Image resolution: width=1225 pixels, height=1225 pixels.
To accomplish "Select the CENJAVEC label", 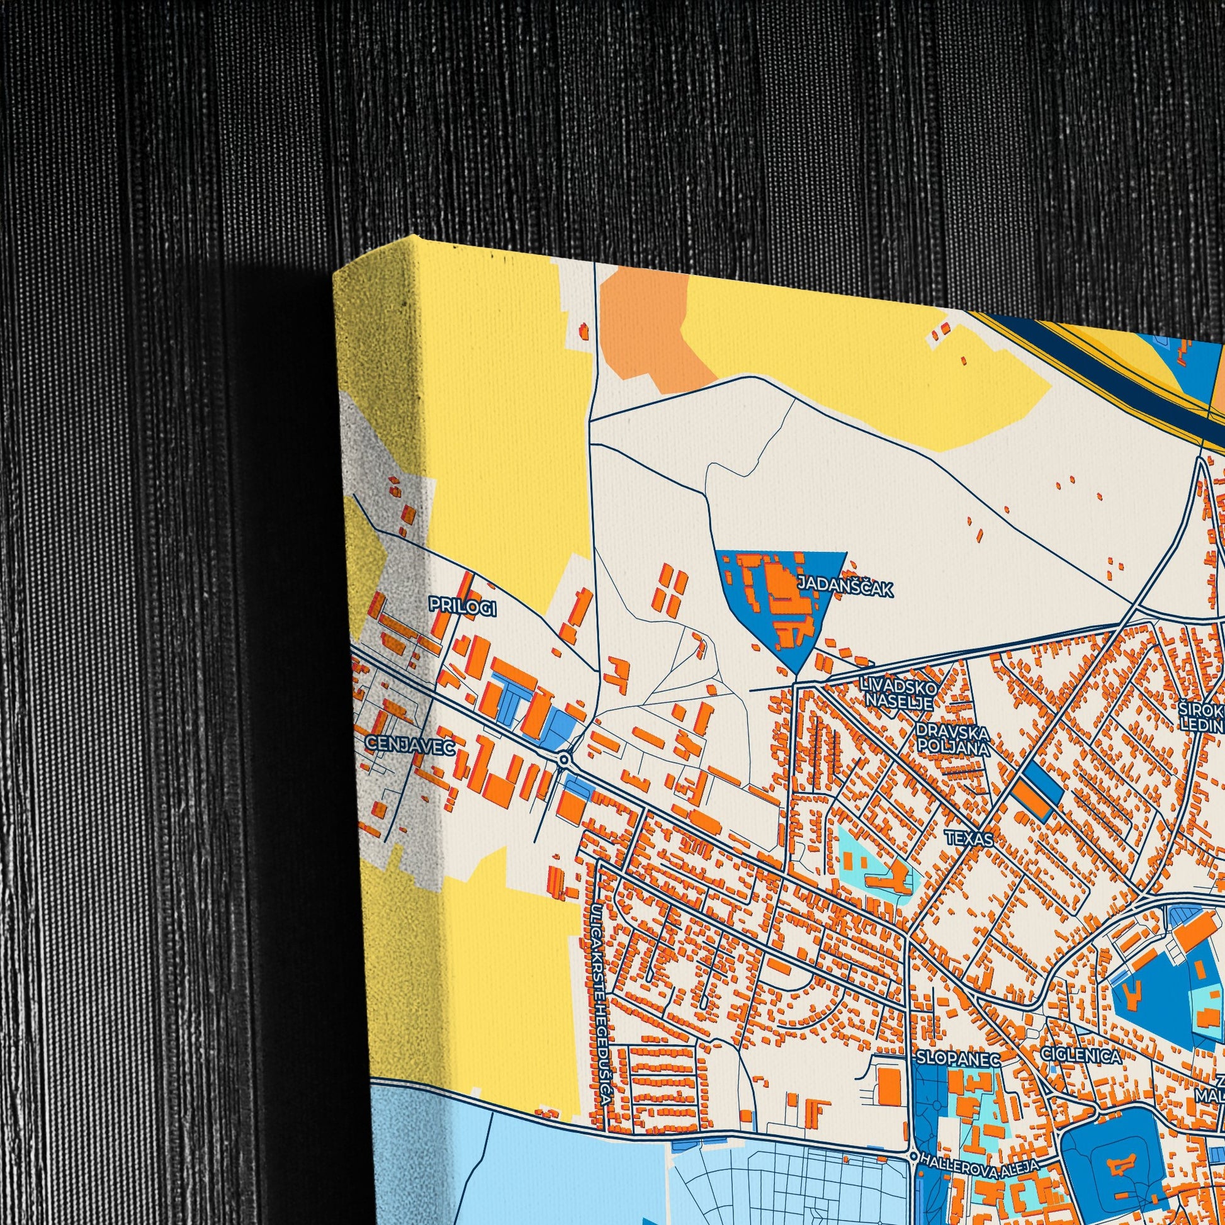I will tap(410, 747).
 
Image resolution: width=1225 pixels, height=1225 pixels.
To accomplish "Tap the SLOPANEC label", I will tap(957, 1059).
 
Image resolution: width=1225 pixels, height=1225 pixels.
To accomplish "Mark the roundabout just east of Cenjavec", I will tap(564, 759).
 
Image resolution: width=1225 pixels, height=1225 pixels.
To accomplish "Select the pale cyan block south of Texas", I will tap(872, 862).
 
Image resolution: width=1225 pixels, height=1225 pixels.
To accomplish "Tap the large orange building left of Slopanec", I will tap(889, 1085).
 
